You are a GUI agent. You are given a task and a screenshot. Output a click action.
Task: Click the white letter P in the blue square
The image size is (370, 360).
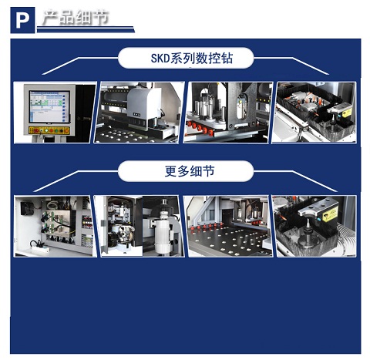tap(22, 20)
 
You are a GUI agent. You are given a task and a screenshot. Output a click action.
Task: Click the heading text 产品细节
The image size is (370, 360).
tap(76, 18)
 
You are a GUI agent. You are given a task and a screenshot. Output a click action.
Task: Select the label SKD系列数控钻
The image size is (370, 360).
tap(192, 58)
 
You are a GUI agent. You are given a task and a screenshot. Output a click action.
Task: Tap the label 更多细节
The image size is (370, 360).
tap(190, 171)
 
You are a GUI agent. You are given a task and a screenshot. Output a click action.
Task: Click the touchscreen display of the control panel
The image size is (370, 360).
tap(49, 106)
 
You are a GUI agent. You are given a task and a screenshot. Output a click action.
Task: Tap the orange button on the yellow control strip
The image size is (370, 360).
tap(66, 130)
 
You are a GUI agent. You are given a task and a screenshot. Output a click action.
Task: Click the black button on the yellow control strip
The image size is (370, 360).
tap(61, 130)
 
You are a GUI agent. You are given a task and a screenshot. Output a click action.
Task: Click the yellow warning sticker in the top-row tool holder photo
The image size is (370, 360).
tap(347, 113)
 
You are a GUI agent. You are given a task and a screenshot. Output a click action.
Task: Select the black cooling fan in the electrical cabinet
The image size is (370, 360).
tap(27, 207)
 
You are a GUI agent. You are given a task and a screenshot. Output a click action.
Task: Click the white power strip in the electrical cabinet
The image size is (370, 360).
tap(40, 248)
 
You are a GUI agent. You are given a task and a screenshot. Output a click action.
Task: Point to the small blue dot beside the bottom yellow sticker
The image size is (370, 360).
tap(320, 219)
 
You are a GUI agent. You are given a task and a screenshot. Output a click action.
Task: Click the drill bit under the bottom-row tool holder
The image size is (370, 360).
tap(307, 231)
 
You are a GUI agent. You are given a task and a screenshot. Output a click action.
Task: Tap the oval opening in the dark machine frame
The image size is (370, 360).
tap(242, 106)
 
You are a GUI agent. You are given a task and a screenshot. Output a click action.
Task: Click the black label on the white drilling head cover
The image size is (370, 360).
tap(136, 115)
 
